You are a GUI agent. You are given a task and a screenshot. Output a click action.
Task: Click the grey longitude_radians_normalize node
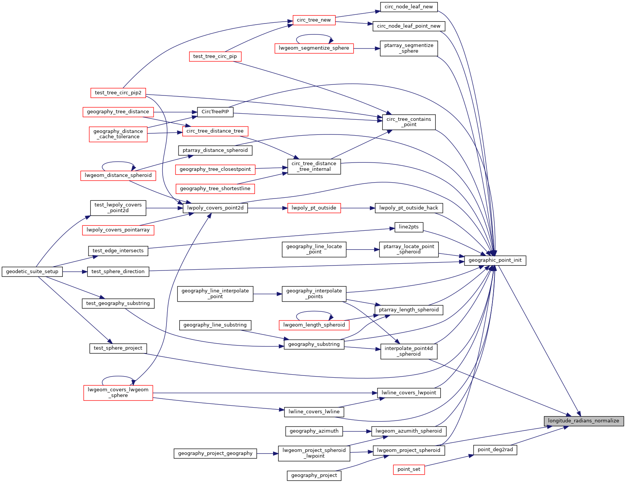point(583,421)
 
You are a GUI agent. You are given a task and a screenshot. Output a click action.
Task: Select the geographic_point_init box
point(495,260)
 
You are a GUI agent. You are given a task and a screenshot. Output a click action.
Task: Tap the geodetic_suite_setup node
point(32,272)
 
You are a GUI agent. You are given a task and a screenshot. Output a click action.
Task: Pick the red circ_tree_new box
point(314,20)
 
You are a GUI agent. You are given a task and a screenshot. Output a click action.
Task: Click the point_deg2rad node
point(495,450)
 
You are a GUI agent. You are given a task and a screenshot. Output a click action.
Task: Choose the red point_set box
point(409,469)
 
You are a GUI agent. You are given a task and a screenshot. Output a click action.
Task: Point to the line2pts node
point(409,227)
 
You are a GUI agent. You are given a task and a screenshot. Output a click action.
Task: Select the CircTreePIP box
point(215,112)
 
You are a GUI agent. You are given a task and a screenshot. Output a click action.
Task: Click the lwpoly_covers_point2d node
point(215,208)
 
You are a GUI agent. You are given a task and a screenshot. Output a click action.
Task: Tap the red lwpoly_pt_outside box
point(314,208)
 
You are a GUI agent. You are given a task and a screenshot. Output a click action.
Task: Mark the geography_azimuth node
point(314,431)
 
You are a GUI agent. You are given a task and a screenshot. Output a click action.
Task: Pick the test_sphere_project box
point(118,348)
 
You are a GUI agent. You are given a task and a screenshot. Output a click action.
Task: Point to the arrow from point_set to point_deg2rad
point(449,460)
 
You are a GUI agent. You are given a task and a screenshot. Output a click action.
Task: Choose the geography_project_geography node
point(215,453)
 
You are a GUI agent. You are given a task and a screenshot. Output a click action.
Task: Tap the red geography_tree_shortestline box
point(215,189)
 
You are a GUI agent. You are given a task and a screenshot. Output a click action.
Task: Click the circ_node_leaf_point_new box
point(409,26)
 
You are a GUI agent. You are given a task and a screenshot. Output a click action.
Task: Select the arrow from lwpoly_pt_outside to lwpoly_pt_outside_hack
point(357,208)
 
